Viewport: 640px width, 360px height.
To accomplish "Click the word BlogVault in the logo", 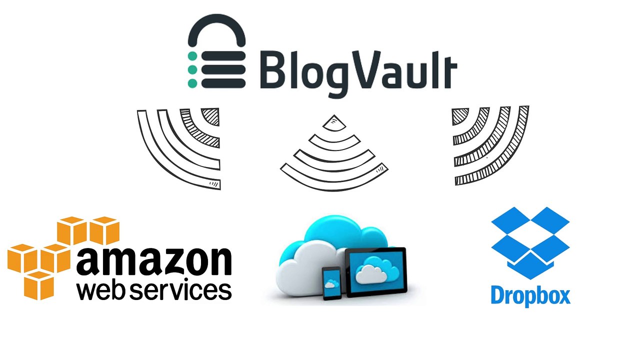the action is point(358,73).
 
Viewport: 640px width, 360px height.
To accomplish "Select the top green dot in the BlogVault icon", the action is point(192,56).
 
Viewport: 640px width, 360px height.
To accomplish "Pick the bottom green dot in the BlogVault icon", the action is point(192,83).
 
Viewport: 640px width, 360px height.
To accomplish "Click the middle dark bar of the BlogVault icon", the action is point(223,69).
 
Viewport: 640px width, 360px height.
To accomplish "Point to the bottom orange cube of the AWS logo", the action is point(38,285).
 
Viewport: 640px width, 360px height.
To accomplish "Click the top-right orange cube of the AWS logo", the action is point(104,230).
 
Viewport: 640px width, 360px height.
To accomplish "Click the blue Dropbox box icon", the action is point(530,243).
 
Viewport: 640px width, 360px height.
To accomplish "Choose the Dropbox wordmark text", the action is point(530,296).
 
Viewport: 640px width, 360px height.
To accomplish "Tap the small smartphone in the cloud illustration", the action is point(331,283).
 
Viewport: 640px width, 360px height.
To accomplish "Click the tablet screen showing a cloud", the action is point(377,271).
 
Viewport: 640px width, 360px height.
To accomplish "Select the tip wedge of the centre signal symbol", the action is point(334,123).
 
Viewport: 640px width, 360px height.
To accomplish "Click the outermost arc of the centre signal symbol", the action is point(333,183).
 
